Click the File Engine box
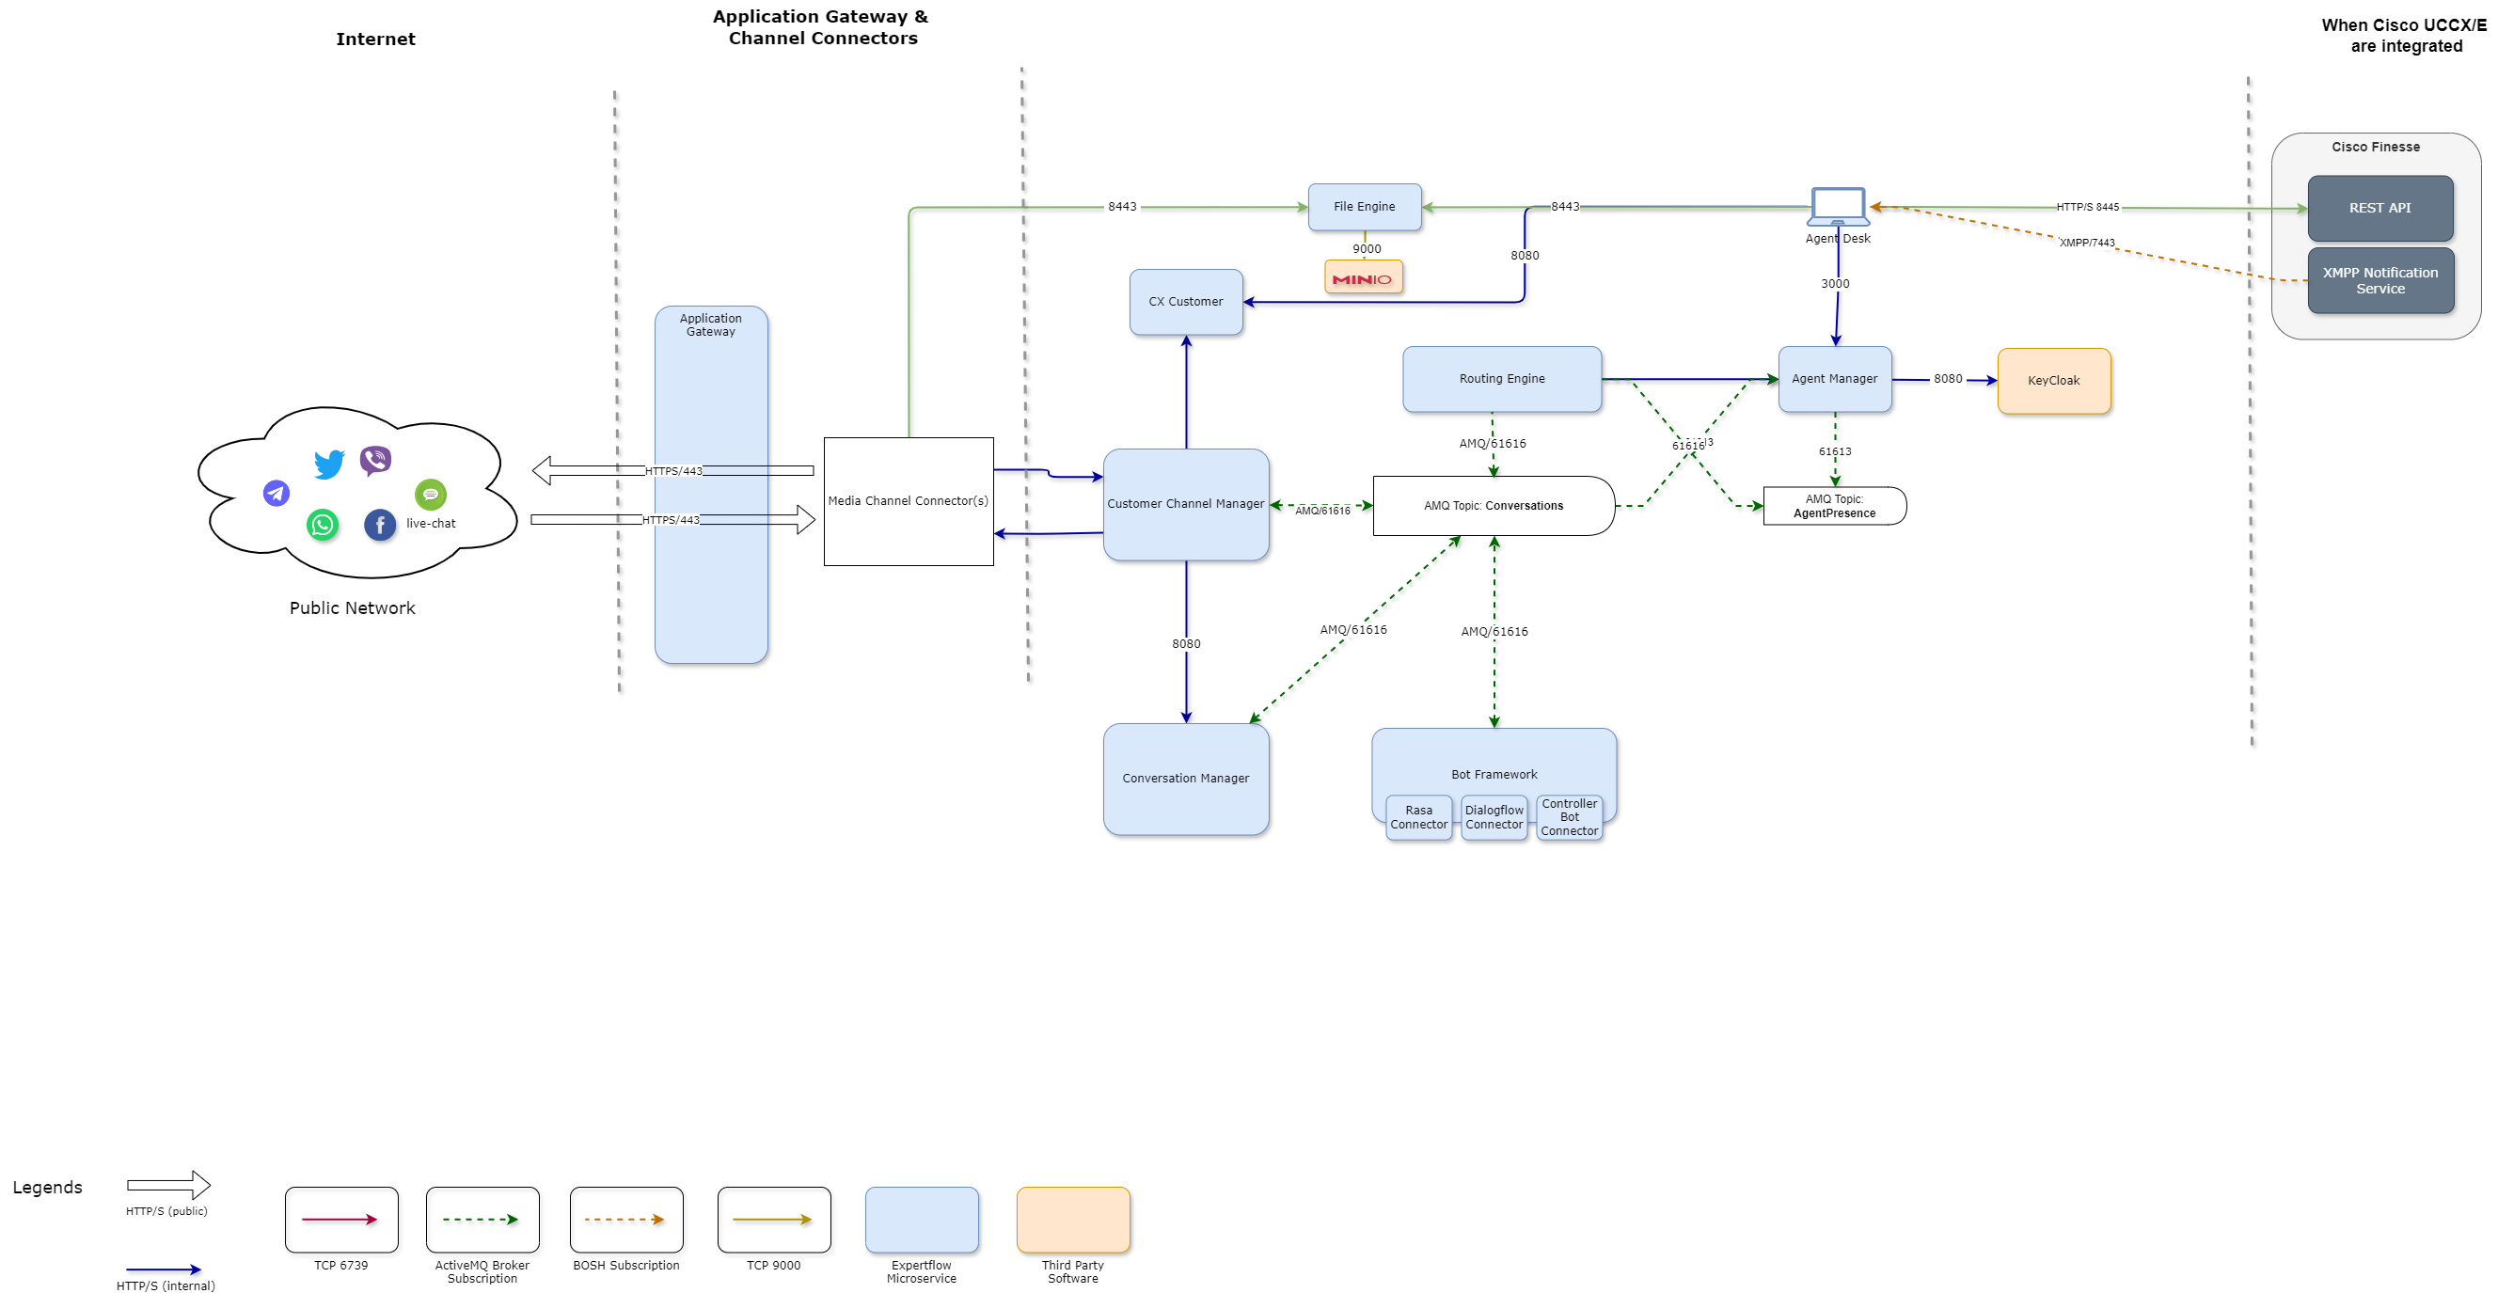tap(1364, 207)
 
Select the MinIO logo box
tap(1363, 278)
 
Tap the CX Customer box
tap(1185, 302)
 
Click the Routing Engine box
tap(1501, 379)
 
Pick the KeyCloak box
tap(2053, 381)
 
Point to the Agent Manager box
tap(1834, 379)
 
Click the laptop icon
tap(1838, 207)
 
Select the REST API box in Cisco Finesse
tap(2379, 209)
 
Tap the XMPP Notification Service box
tap(2379, 281)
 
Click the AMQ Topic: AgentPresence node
tap(1834, 506)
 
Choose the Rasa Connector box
tap(1417, 817)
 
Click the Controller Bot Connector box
tap(1569, 817)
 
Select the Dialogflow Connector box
tap(1494, 817)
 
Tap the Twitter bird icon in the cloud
tap(330, 464)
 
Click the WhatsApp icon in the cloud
tap(322, 525)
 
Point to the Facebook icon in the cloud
tap(379, 525)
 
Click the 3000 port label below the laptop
tap(1835, 284)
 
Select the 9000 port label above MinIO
tap(1367, 249)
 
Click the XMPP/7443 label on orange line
tap(2086, 243)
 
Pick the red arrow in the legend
tap(339, 1219)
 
